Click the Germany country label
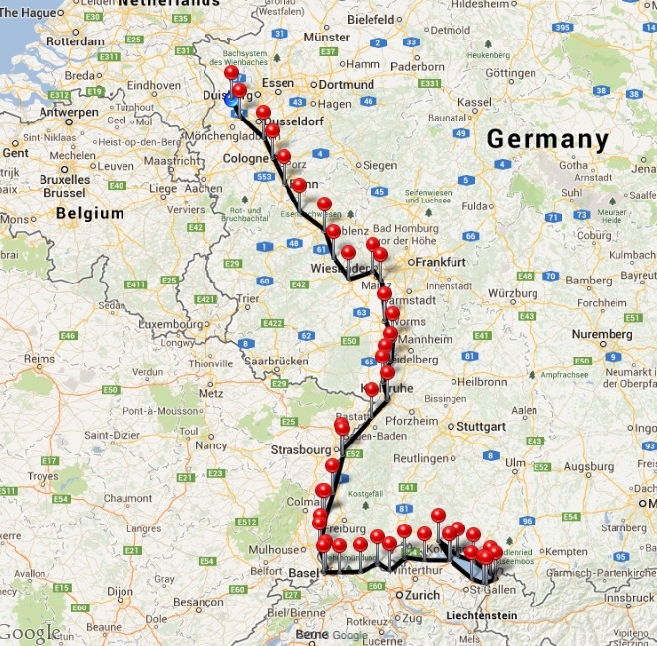(x=547, y=138)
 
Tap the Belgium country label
(x=90, y=213)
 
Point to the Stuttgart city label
(x=483, y=428)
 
